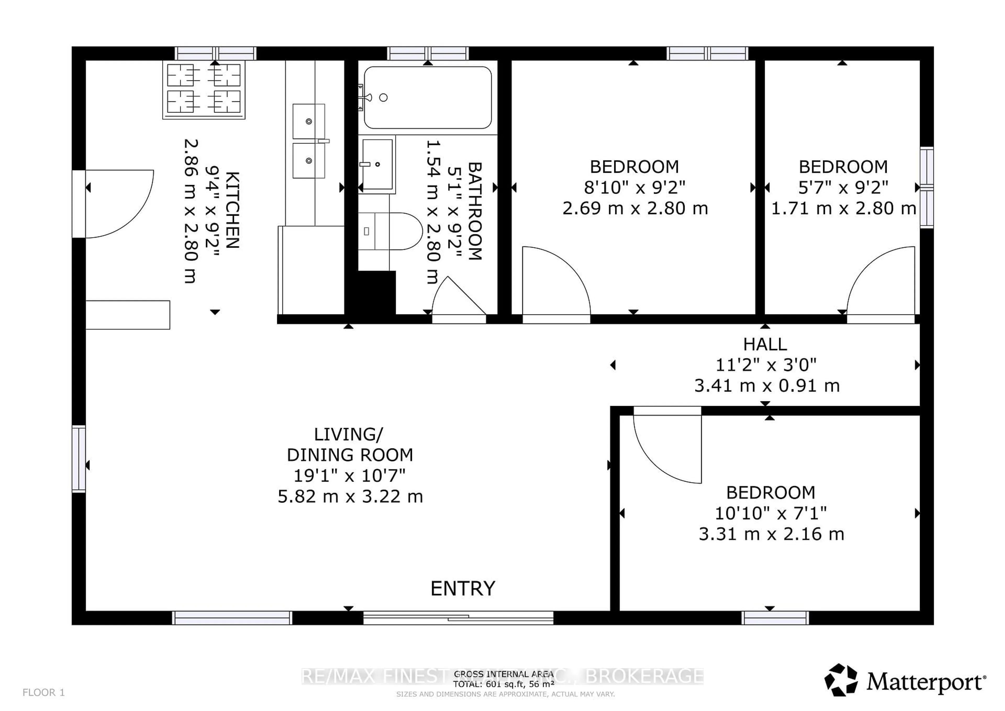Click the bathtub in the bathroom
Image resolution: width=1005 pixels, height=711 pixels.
click(428, 97)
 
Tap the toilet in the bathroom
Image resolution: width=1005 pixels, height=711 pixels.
click(398, 231)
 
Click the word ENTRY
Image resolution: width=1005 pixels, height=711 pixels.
click(463, 588)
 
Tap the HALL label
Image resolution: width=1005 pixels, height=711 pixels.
click(765, 345)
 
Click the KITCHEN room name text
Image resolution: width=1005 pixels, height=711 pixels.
click(232, 210)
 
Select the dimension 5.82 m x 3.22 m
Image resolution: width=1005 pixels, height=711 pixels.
click(350, 497)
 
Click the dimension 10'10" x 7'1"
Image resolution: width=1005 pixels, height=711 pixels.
click(770, 513)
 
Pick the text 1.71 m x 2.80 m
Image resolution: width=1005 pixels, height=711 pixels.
click(843, 208)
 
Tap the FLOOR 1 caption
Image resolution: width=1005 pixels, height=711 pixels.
click(43, 692)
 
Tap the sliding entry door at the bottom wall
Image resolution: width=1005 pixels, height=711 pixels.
click(458, 618)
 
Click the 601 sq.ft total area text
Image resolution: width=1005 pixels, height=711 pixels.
click(503, 684)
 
